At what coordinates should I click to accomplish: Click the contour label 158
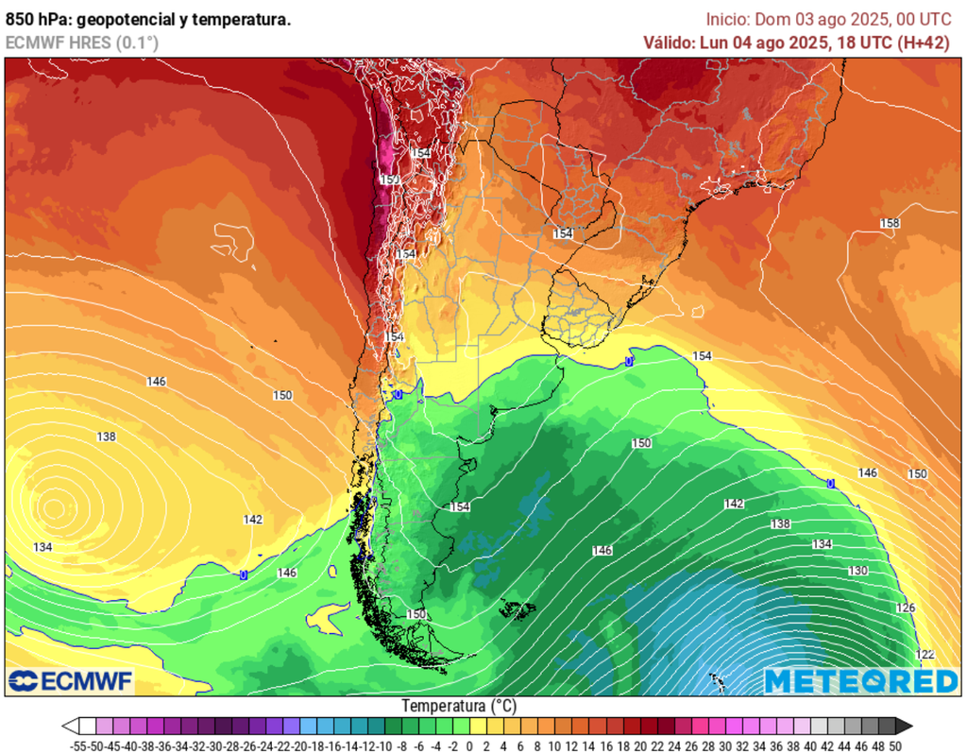[x=889, y=223]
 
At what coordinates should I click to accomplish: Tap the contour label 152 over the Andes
[x=389, y=180]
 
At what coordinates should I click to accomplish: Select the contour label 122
[x=925, y=655]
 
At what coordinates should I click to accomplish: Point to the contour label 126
[x=905, y=608]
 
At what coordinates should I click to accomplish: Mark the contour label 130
[x=857, y=572]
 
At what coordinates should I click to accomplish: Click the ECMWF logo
[x=71, y=680]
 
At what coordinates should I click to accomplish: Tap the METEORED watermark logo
[x=860, y=680]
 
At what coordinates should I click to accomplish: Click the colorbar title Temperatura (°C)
[x=459, y=706]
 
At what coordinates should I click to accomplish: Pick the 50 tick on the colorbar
[x=894, y=745]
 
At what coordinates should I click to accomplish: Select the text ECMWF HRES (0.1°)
[x=82, y=43]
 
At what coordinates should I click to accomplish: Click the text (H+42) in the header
[x=924, y=43]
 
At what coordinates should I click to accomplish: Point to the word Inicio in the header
[x=727, y=19]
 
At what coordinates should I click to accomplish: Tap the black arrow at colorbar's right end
[x=905, y=726]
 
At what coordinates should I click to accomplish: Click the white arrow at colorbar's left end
[x=70, y=726]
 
